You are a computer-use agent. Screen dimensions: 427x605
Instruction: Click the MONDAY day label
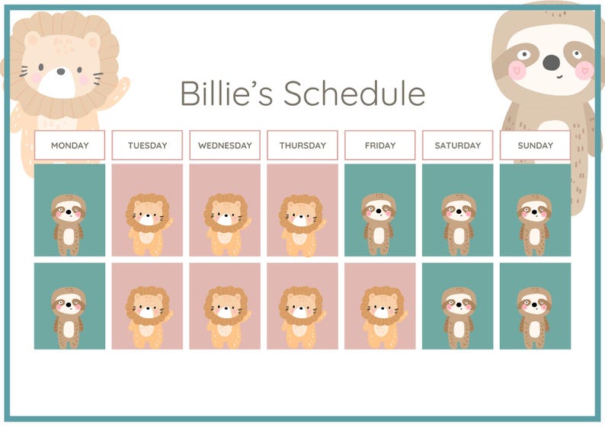(x=69, y=145)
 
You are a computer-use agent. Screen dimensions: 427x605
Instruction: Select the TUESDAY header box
(x=147, y=145)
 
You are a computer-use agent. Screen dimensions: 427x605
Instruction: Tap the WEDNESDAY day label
(x=225, y=145)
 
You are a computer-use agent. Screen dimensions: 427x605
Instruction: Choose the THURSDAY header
(x=302, y=145)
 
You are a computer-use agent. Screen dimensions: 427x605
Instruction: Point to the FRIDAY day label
(x=380, y=145)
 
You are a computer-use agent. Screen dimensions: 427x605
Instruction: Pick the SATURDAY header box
(x=458, y=145)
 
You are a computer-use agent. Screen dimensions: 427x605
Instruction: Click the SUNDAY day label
(x=535, y=145)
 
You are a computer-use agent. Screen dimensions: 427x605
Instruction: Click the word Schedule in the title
(x=354, y=94)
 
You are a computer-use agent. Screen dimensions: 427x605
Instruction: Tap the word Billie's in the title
(x=226, y=94)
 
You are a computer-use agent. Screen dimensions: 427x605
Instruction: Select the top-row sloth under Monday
(x=69, y=224)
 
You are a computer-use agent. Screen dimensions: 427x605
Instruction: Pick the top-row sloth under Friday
(x=379, y=223)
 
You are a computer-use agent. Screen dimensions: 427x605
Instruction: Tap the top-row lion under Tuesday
(x=147, y=224)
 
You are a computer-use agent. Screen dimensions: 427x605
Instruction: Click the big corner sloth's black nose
(x=551, y=61)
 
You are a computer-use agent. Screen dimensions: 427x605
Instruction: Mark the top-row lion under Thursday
(x=302, y=224)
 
